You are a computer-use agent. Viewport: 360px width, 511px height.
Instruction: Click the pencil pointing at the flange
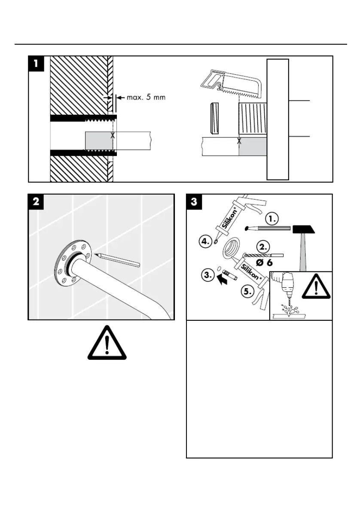point(118,260)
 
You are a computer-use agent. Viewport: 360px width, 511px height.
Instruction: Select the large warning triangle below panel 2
point(107,344)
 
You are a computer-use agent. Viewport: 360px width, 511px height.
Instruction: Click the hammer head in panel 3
point(303,229)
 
